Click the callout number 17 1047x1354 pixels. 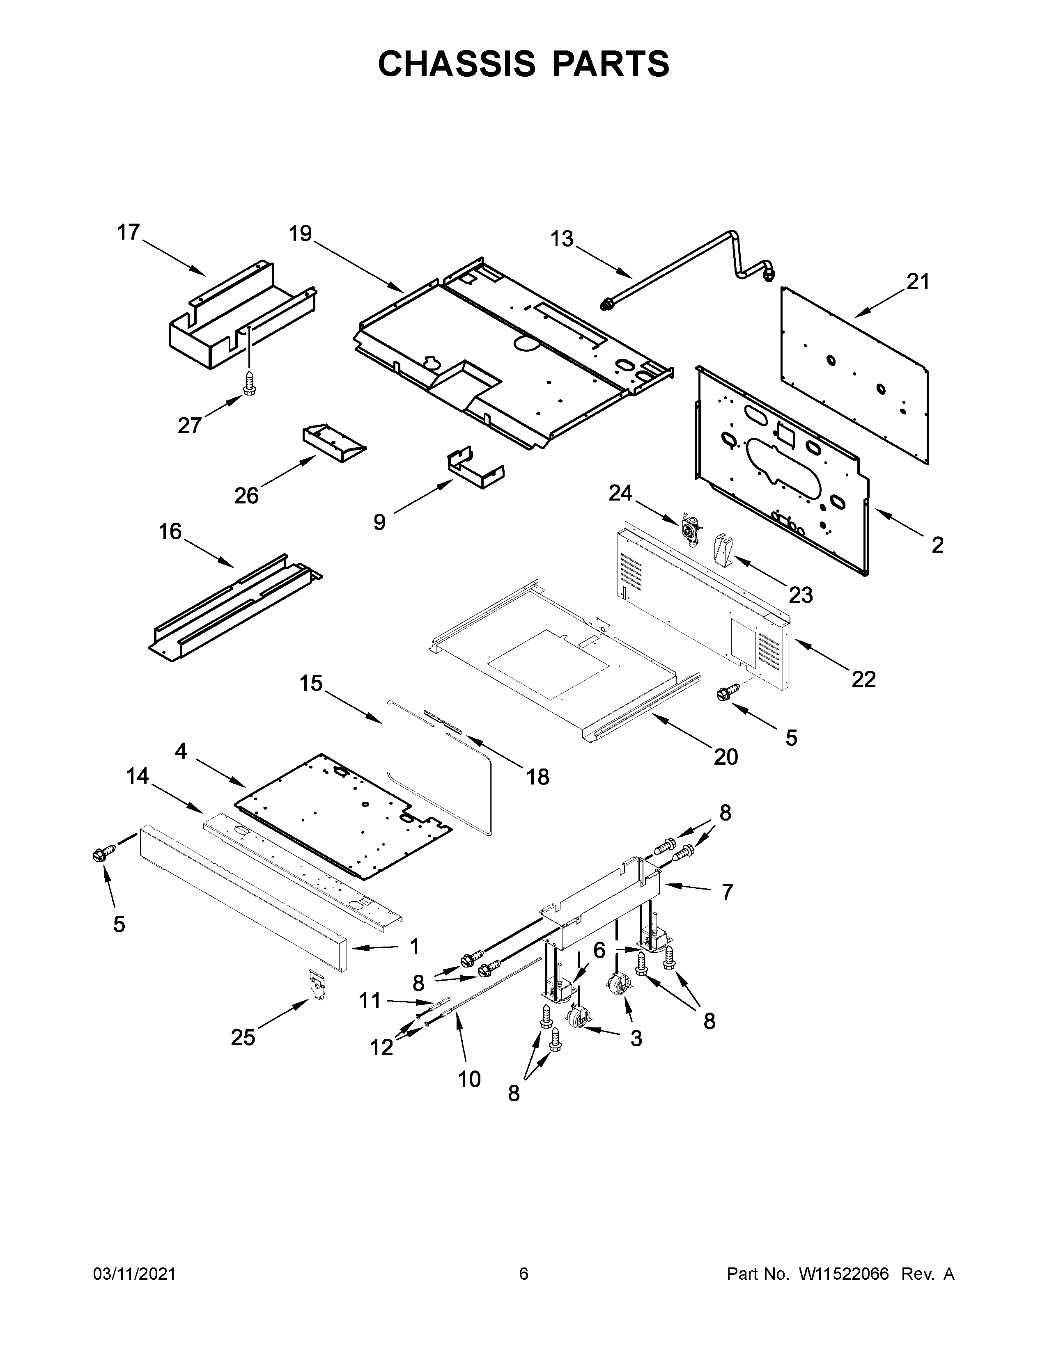pyautogui.click(x=129, y=233)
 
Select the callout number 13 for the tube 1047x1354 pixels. pyautogui.click(x=562, y=239)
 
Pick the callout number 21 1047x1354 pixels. pyautogui.click(x=918, y=282)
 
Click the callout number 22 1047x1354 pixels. pyautogui.click(x=863, y=679)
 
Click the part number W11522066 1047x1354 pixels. pyautogui.click(x=844, y=1274)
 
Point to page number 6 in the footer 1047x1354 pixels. pyautogui.click(x=523, y=1274)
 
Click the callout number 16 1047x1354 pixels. pyautogui.click(x=170, y=531)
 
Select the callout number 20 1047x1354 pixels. pyautogui.click(x=726, y=756)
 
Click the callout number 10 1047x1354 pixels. pyautogui.click(x=470, y=1080)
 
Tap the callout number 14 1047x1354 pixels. pyautogui.click(x=138, y=775)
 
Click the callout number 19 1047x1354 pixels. pyautogui.click(x=300, y=234)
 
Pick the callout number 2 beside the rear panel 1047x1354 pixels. pyautogui.click(x=937, y=545)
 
